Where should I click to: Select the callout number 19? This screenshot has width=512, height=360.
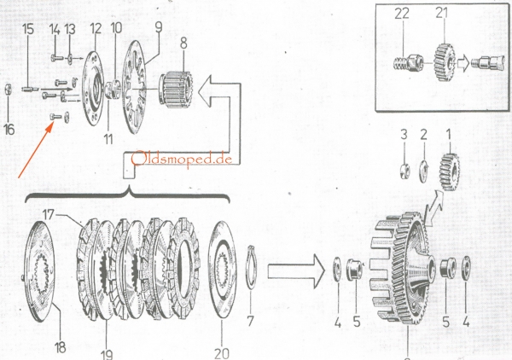click(105, 350)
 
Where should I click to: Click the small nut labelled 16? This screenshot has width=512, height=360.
click(7, 88)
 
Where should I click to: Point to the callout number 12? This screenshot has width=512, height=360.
click(95, 29)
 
